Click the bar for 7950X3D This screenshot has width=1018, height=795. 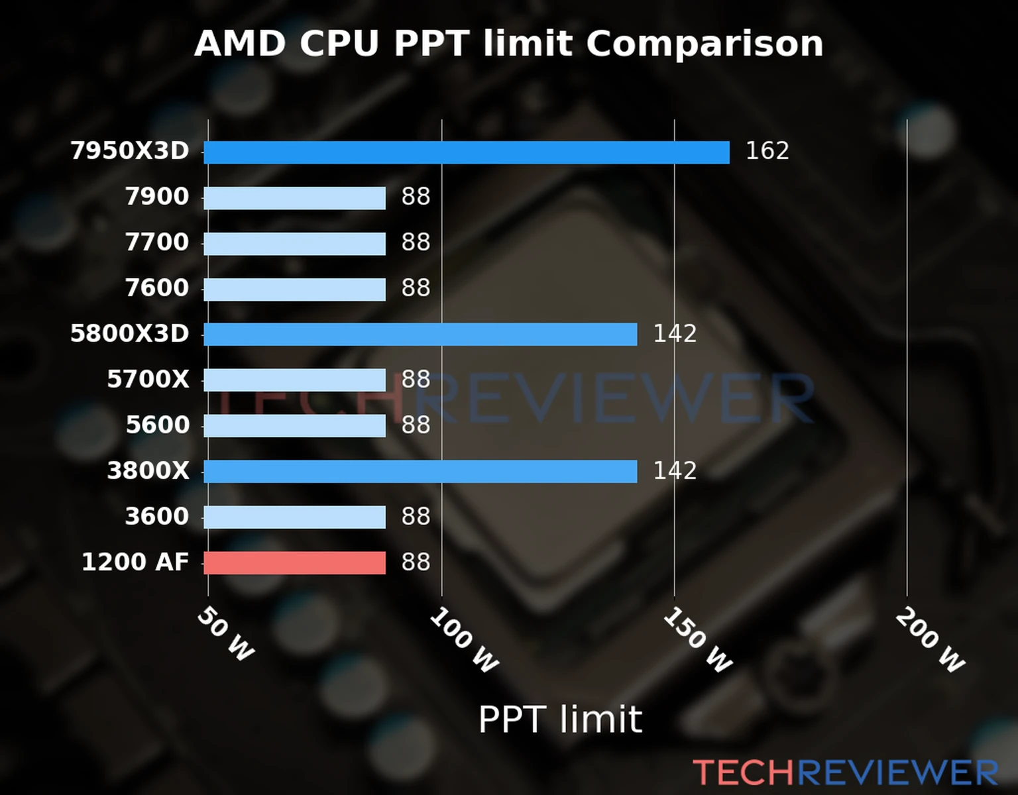click(x=466, y=152)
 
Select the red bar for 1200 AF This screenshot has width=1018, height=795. click(x=294, y=562)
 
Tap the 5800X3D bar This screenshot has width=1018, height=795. click(x=420, y=335)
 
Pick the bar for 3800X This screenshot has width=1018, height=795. click(x=420, y=472)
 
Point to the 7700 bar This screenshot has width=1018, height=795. click(x=294, y=243)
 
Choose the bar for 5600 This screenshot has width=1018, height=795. click(x=294, y=425)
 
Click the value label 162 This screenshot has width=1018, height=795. click(x=767, y=151)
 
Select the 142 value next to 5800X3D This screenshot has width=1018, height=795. click(x=675, y=333)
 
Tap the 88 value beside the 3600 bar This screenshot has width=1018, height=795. click(x=416, y=516)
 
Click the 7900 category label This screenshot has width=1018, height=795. click(x=157, y=197)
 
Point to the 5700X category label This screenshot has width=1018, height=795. click(x=148, y=380)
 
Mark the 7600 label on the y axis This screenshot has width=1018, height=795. click(x=157, y=288)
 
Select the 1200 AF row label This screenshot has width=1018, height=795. click(x=135, y=562)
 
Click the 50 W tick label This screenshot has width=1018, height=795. click(x=225, y=634)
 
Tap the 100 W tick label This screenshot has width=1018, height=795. click(x=464, y=641)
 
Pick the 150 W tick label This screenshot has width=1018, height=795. click(x=697, y=641)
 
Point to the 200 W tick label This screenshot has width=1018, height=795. click(x=930, y=641)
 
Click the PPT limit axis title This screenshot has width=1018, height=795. click(x=560, y=719)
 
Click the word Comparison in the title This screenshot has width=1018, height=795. click(x=705, y=44)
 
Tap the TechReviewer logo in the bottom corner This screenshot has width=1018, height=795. click(x=845, y=772)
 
